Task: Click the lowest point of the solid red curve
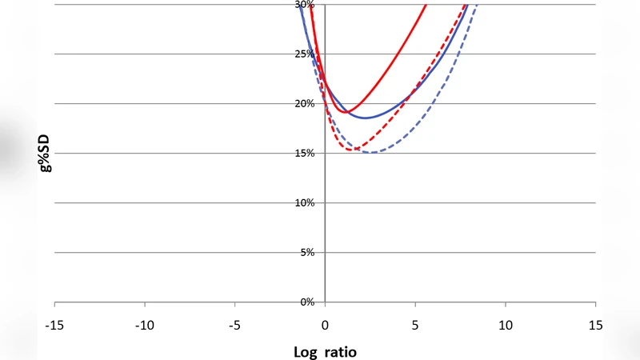[345, 112]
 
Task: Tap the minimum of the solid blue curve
[366, 118]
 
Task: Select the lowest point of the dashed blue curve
[372, 153]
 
